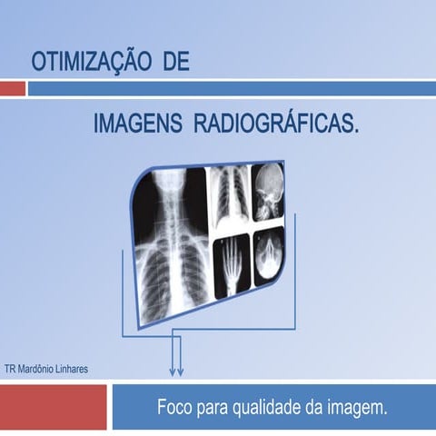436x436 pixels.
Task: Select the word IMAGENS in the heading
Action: [137, 124]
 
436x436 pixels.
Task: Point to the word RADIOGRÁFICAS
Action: [277, 124]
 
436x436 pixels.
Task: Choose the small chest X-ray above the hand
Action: [229, 200]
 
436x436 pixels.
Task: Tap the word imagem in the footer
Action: [360, 407]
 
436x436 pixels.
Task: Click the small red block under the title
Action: [12, 89]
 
